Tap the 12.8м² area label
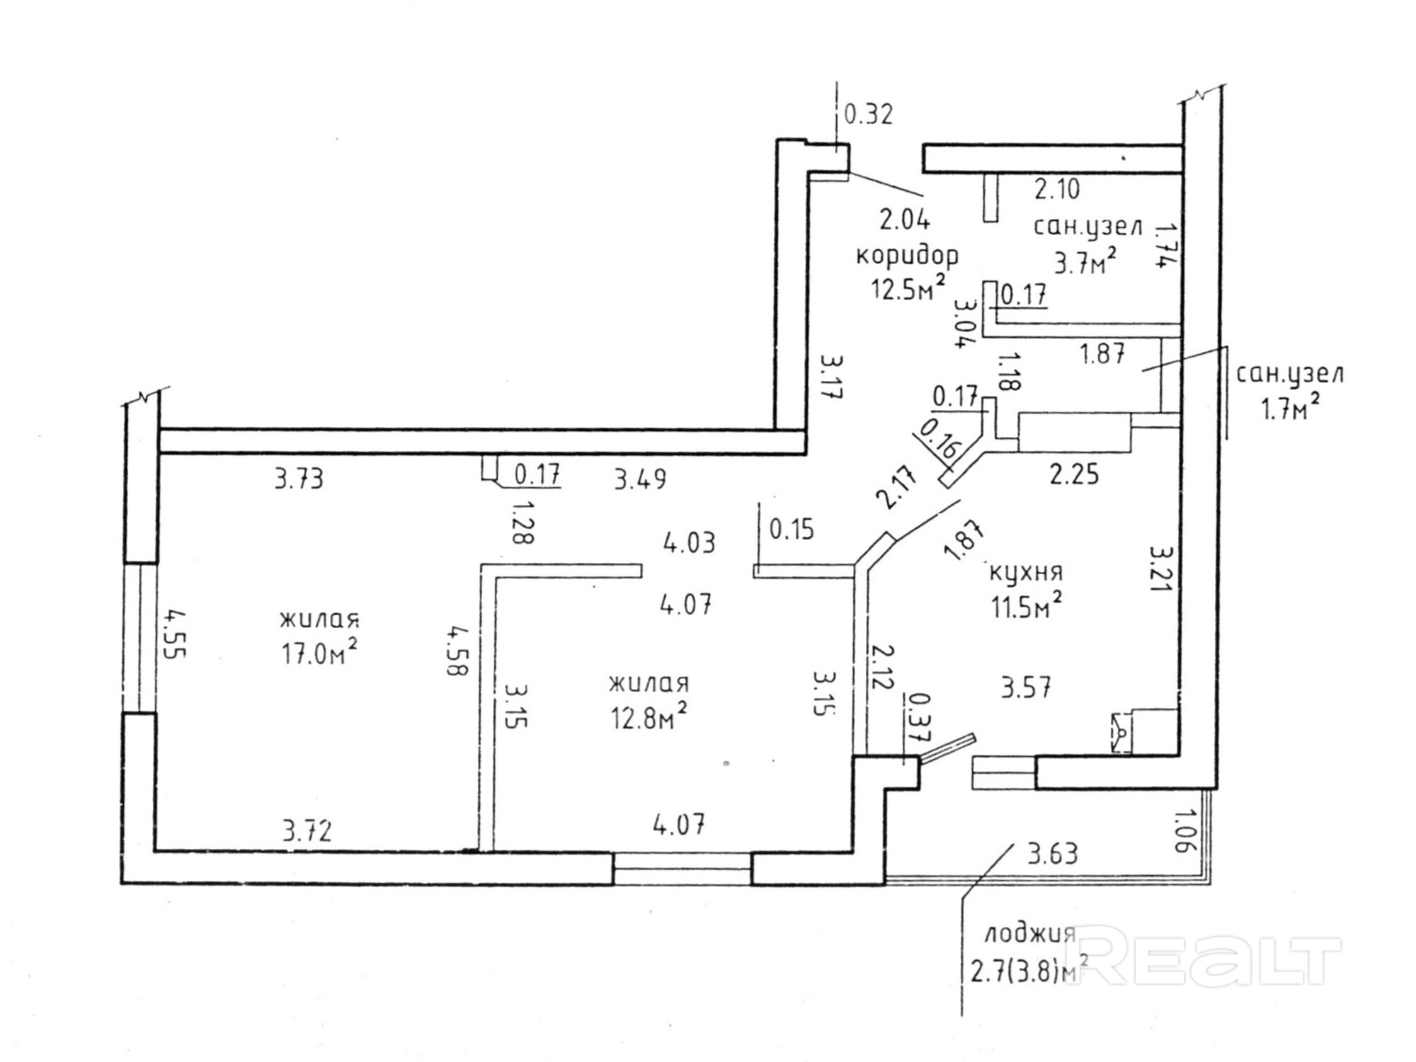tap(649, 717)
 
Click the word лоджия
tap(1030, 936)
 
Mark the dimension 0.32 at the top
tap(869, 114)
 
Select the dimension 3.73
tap(299, 479)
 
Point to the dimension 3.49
tap(640, 479)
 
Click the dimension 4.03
tap(689, 543)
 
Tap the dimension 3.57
tap(1026, 686)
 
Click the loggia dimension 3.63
tap(1053, 854)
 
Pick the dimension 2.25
tap(1074, 474)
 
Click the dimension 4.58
tap(457, 650)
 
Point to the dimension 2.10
tap(1058, 189)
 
